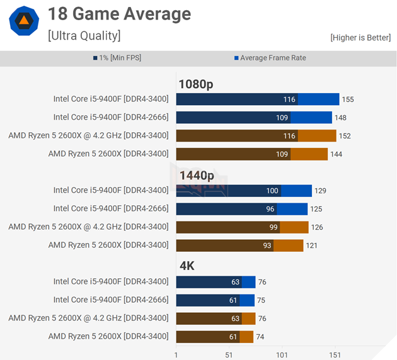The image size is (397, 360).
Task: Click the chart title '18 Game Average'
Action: point(119,14)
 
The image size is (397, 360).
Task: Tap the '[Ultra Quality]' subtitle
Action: point(84,35)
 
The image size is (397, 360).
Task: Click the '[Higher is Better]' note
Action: point(360,38)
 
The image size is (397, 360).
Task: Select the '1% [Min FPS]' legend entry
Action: point(120,58)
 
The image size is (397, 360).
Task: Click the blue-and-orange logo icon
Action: point(24,21)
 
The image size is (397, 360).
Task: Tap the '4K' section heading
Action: point(187,266)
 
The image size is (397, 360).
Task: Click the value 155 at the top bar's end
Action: point(348,99)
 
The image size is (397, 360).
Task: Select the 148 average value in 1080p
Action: point(340,118)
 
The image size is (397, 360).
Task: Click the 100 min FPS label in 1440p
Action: point(272,191)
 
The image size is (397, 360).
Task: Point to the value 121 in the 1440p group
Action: point(312,245)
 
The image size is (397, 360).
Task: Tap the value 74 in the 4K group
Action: point(260,337)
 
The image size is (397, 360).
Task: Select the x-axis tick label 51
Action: point(229,355)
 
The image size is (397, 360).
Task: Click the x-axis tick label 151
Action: point(335,355)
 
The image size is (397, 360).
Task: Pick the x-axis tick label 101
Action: point(282,355)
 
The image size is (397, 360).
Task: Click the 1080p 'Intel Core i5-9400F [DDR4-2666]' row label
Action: point(111,117)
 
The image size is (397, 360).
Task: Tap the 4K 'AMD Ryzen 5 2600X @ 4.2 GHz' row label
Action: point(88,318)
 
